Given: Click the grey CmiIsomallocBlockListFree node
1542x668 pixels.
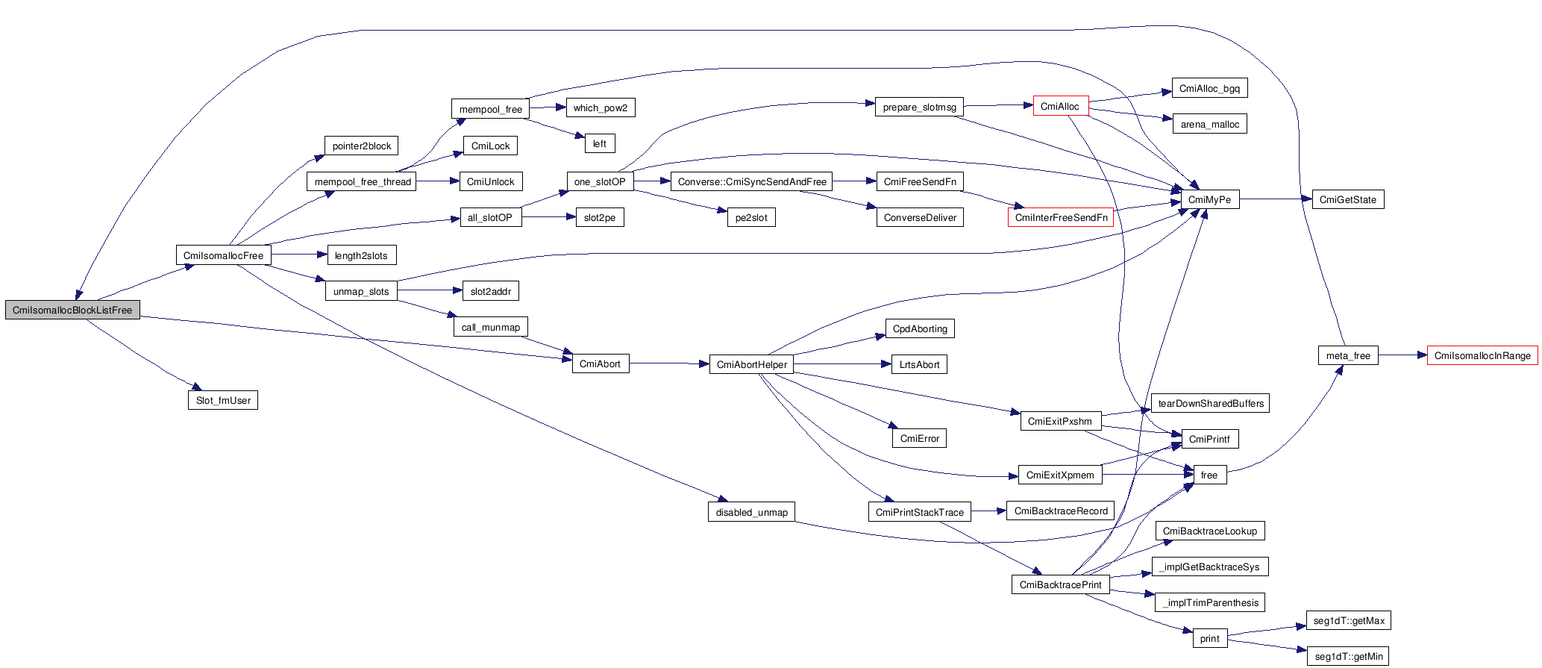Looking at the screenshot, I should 72,310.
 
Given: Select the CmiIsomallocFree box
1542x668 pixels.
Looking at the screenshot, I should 223,255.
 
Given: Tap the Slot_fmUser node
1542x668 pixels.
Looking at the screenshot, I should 223,400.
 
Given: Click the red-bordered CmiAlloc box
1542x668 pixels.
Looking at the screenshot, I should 1060,106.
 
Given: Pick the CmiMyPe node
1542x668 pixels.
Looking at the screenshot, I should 1209,199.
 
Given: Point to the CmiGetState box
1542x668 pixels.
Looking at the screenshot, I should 1347,199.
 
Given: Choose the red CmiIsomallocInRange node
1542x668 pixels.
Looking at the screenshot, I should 1482,355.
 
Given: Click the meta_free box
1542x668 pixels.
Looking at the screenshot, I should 1347,355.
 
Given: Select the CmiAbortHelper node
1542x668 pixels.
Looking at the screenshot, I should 751,364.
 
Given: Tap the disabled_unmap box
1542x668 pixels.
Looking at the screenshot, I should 751,512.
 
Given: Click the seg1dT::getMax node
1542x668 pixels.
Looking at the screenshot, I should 1349,620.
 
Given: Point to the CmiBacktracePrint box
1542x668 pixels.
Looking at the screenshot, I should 1060,584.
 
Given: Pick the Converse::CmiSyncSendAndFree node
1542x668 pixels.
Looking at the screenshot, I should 751,181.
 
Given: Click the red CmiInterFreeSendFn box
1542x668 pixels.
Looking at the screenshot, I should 1061,217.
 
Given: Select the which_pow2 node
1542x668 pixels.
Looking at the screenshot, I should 600,107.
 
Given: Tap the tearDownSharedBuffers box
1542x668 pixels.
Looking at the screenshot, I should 1210,403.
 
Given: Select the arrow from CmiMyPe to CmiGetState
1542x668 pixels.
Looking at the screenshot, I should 1276,199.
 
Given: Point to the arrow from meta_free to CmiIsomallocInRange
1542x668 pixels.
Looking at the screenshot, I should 1402,355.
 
